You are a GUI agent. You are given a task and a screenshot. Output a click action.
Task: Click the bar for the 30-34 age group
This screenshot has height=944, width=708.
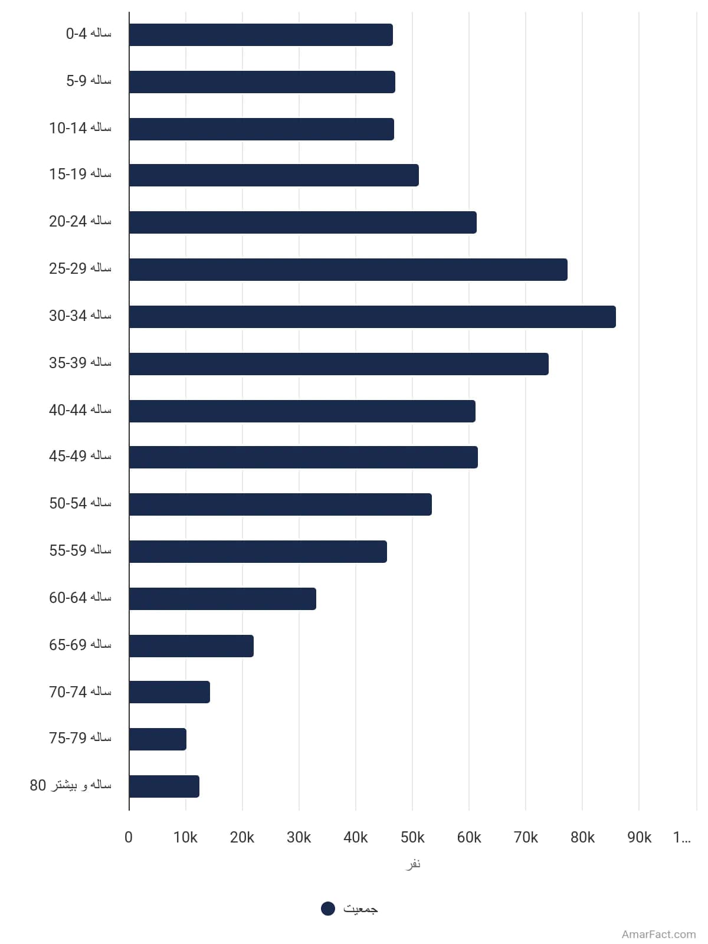coord(372,316)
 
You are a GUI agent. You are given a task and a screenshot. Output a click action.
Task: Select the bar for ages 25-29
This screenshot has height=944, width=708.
coord(348,270)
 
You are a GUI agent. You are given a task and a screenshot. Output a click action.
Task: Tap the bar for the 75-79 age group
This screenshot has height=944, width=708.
coord(158,739)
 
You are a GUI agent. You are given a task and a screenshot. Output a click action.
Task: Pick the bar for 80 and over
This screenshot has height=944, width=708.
coord(164,786)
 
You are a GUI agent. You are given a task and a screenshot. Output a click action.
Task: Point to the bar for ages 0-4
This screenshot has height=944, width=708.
coord(261,35)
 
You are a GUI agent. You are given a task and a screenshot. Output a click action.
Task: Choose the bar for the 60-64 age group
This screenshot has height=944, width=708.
coord(222,599)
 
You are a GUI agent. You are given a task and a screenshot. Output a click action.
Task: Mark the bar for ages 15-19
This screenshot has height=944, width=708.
coord(274,175)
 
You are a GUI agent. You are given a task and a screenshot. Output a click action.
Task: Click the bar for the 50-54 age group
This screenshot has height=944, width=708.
coord(280,504)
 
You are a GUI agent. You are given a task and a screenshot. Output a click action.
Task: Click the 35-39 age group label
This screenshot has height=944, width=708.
coord(80,362)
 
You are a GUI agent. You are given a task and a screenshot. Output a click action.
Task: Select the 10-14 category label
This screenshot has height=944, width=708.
coord(80,127)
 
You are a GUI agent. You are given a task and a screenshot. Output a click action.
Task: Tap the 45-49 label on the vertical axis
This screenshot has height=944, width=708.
coord(80,455)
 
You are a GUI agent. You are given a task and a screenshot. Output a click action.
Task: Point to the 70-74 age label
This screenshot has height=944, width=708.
coord(80,691)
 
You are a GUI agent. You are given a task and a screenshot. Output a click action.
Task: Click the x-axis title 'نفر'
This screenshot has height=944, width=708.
coord(412,864)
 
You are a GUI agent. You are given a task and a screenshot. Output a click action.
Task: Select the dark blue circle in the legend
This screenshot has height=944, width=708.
coord(328,908)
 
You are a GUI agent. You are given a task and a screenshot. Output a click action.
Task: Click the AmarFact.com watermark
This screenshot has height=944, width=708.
coord(658,934)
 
